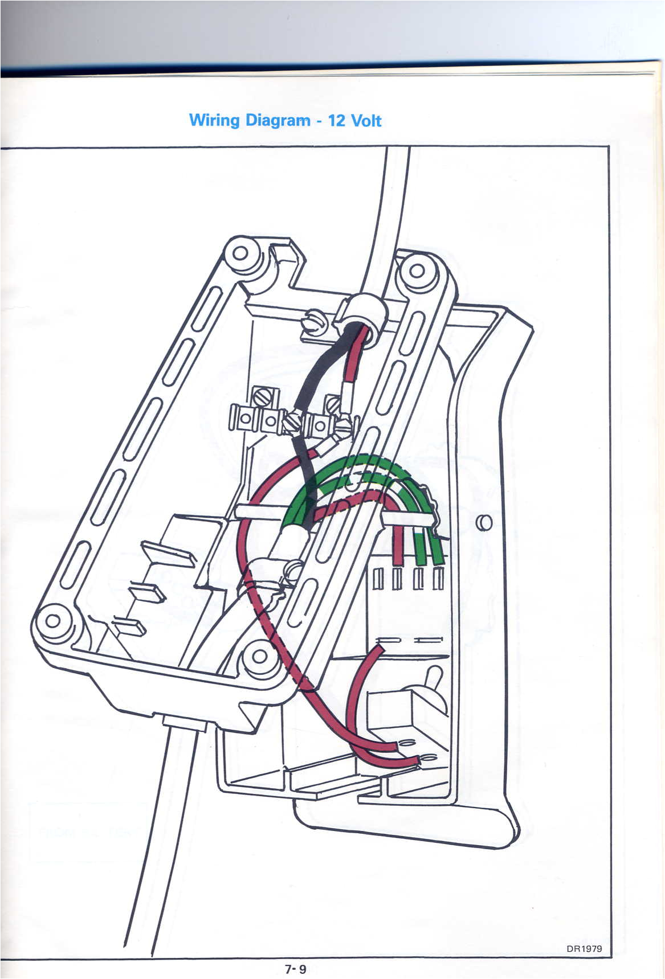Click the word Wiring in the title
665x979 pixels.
(214, 121)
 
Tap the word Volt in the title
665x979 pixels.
(366, 121)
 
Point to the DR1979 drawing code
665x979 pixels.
(584, 949)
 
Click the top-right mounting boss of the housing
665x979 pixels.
(417, 269)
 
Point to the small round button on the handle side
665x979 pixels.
(484, 522)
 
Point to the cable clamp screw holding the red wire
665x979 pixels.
(293, 568)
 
